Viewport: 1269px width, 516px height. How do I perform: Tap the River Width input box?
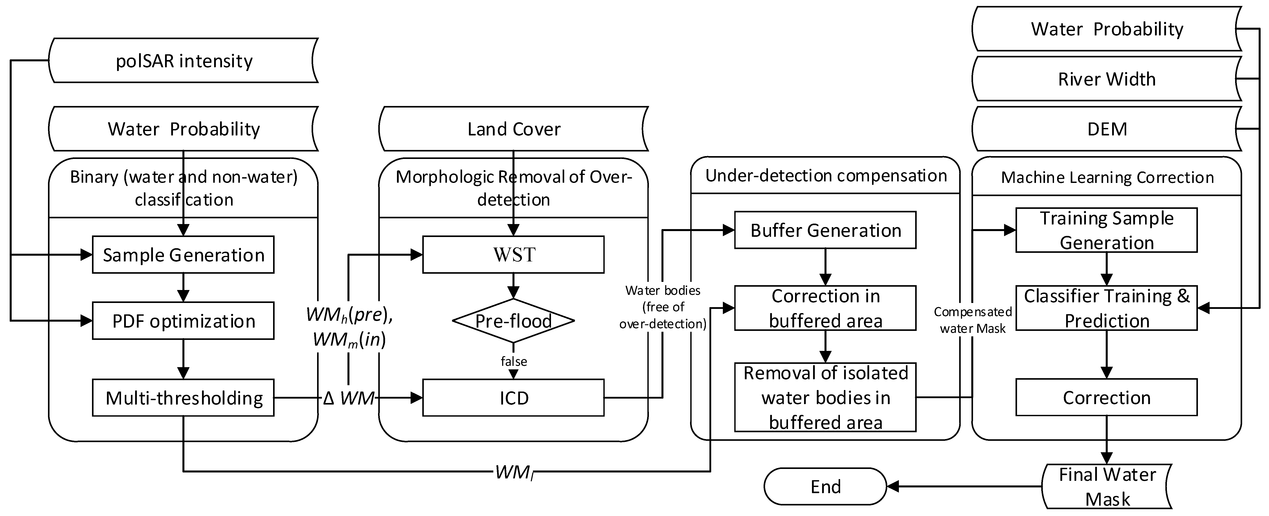(1106, 79)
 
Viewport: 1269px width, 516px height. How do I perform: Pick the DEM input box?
(1106, 129)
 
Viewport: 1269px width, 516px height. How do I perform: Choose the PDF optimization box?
(183, 321)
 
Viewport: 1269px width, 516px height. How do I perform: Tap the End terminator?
(825, 487)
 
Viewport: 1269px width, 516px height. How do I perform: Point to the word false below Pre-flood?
(513, 361)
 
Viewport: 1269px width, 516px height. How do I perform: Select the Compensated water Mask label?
(972, 320)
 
